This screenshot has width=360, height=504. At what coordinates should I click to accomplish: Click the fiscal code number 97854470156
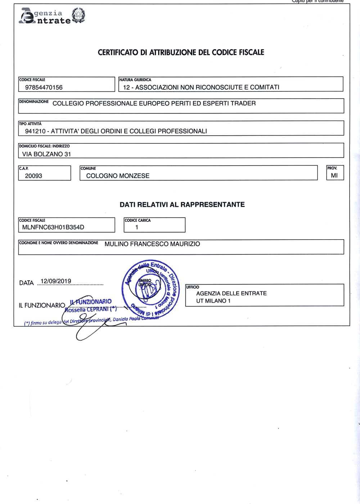44,87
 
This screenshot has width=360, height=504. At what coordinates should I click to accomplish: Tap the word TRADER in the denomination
243,103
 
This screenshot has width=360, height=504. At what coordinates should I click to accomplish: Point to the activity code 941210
35,131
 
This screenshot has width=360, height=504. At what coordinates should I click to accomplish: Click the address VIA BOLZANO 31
46,154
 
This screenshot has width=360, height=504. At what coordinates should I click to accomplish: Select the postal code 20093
33,176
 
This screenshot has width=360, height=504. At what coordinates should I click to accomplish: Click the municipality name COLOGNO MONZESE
118,176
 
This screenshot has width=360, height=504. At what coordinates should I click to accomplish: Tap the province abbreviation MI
334,175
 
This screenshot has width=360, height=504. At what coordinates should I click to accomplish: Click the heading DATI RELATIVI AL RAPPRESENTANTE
182,205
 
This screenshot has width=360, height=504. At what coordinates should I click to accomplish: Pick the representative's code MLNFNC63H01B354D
53,227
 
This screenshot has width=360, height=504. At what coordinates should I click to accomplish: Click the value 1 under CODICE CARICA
136,227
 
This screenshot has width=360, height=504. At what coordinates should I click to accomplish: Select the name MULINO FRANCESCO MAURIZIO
152,244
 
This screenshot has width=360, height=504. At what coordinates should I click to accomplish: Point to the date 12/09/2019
56,281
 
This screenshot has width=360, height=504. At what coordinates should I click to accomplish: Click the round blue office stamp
150,288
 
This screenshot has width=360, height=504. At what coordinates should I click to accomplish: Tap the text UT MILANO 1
213,301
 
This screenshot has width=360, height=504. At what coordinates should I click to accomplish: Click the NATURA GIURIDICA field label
135,80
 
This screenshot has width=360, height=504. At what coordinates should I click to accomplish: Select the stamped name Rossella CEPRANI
90,309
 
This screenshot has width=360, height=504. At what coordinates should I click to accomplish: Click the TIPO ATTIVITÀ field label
30,124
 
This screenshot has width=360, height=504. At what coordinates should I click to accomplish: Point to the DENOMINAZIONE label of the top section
34,102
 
